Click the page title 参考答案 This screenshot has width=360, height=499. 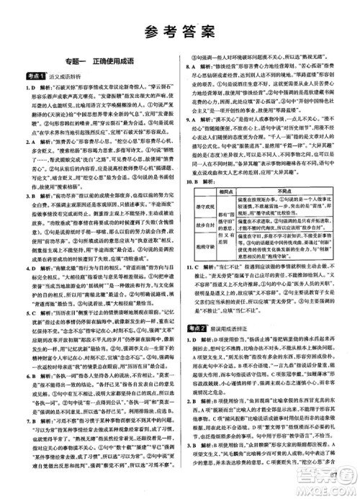point(179,30)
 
